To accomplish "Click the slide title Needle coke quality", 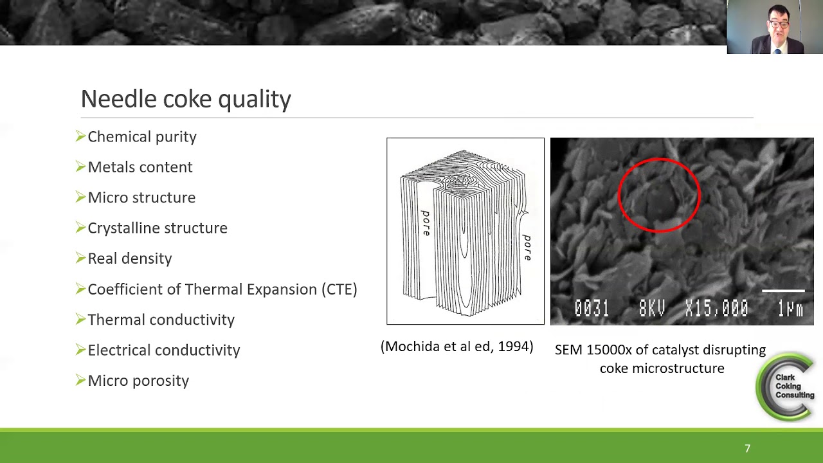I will (186, 99).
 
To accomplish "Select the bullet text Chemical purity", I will (142, 137).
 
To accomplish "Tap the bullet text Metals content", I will (140, 167).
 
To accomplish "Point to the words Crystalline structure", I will (158, 228).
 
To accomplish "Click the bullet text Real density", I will (130, 259).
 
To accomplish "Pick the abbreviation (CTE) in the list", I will (339, 289).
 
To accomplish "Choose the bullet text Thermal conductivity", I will (161, 320).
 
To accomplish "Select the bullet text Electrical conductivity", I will (164, 350).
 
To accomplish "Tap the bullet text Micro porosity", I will (138, 381).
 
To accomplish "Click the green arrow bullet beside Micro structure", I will (80, 197).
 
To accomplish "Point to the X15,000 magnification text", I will (716, 309).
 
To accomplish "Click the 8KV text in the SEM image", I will (652, 309).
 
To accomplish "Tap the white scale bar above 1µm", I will (783, 291).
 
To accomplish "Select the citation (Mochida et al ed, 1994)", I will (457, 347).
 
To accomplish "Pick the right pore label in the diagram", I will (527, 248).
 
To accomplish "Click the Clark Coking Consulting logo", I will (786, 386).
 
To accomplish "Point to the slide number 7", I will (747, 449).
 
